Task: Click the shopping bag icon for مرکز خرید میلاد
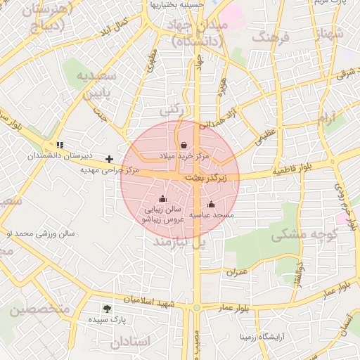(x=184, y=145)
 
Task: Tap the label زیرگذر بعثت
(x=206, y=179)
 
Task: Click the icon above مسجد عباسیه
(x=211, y=204)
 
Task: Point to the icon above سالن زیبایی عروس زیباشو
(x=162, y=198)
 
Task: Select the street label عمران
(x=238, y=271)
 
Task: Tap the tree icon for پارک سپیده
(x=107, y=308)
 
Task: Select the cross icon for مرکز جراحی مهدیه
(x=110, y=159)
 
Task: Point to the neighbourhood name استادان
(x=130, y=342)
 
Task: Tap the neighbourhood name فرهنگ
(x=269, y=36)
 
